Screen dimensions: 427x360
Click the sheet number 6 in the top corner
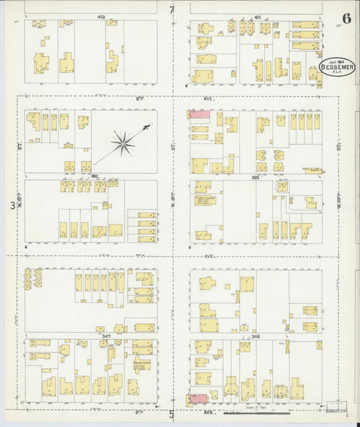[x=346, y=18]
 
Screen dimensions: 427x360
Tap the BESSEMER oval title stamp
[x=336, y=66]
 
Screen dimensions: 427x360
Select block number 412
[x=101, y=16]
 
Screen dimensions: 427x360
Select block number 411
[x=257, y=16]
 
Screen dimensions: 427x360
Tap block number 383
[x=256, y=177]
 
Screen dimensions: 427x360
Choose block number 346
[x=256, y=335]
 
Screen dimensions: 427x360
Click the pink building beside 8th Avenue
[x=199, y=114]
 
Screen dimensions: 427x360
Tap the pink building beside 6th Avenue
[x=199, y=399]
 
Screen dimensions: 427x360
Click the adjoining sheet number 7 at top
[x=172, y=9]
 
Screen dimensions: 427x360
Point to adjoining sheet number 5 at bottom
[x=172, y=415]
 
